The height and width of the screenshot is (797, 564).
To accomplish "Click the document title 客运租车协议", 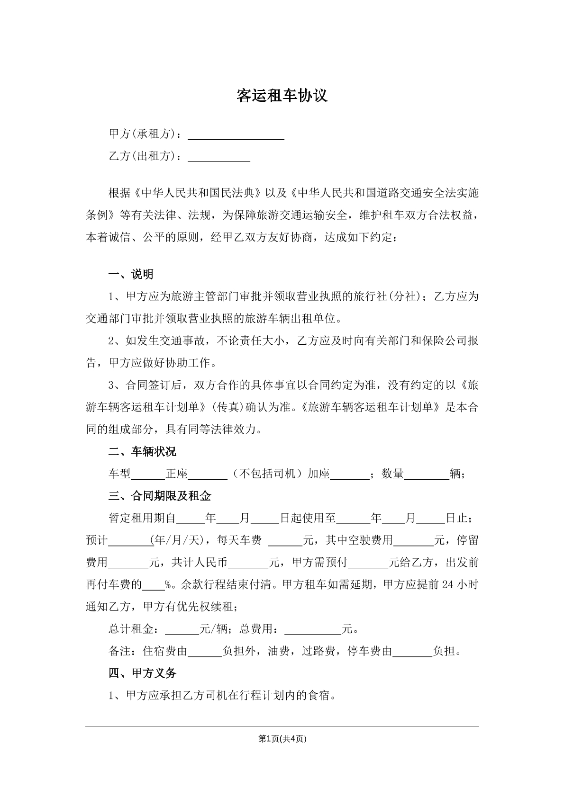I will [282, 96].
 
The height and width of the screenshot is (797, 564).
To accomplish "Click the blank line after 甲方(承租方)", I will [236, 135].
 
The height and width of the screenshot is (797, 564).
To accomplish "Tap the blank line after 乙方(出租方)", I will [219, 157].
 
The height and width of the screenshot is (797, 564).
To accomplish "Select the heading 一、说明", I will [131, 274].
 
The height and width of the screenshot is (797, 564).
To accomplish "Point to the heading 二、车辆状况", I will [142, 451].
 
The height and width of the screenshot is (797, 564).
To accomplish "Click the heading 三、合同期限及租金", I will [160, 496].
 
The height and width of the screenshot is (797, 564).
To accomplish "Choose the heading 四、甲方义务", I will [142, 673].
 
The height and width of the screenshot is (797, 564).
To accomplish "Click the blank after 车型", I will [148, 475].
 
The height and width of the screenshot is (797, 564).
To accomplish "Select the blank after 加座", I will [349, 475].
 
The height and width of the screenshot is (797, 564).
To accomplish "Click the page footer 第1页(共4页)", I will [282, 738].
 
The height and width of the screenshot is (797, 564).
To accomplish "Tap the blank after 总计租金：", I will [182, 630].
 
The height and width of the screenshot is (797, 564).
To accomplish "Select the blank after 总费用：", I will [312, 630].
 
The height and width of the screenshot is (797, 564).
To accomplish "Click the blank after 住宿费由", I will [205, 652].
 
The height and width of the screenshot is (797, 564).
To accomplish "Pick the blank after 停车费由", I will [412, 652].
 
